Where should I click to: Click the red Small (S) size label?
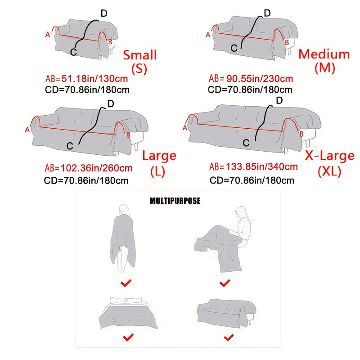tap(140, 62)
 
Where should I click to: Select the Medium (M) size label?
tap(324, 61)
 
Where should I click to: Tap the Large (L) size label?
tap(159, 163)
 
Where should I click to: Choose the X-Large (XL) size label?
tap(330, 163)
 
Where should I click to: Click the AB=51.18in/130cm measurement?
tap(86, 79)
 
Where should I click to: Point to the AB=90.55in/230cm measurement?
tap(251, 78)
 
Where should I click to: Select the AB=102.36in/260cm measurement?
tap(89, 168)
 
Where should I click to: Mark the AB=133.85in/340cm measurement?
tap(253, 166)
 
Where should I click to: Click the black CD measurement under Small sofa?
tap(87, 90)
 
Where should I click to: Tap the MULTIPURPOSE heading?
tap(175, 201)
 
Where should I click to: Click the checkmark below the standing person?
tap(126, 283)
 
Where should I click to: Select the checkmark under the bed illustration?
tap(128, 337)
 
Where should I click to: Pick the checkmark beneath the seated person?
tap(225, 283)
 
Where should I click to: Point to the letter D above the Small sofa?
tap(104, 13)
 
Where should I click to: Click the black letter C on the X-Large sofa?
tap(246, 143)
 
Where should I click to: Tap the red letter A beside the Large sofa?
tap(27, 130)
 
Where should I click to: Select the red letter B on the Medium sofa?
tap(287, 42)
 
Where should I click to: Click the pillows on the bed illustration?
tap(126, 300)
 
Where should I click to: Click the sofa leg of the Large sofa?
tap(136, 146)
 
